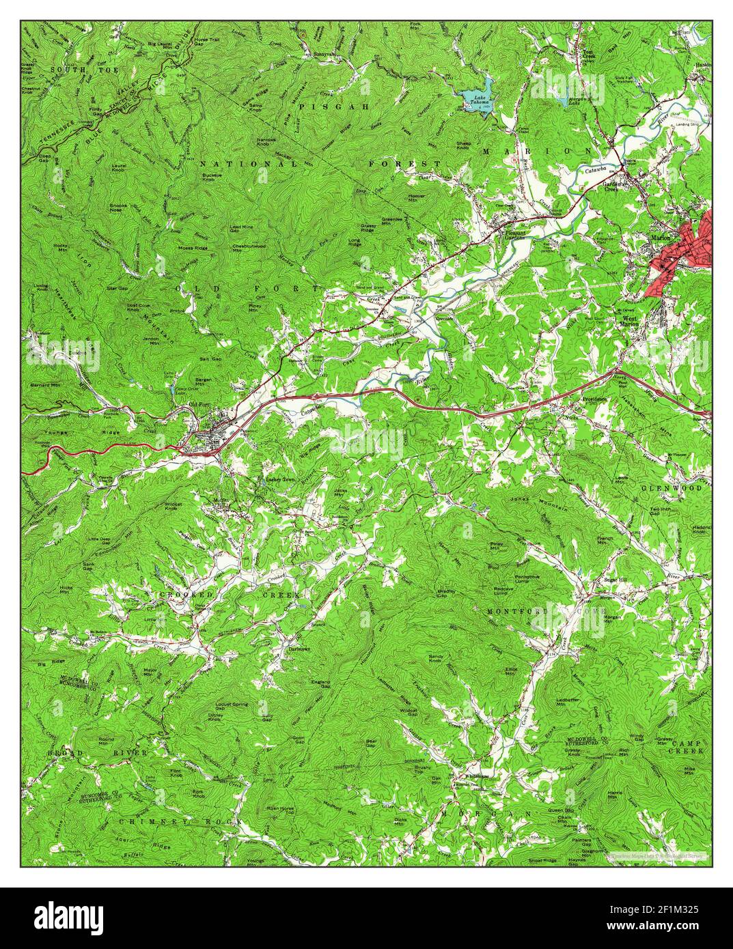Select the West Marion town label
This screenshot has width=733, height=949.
click(x=629, y=321)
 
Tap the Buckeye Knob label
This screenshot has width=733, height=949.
click(x=216, y=177)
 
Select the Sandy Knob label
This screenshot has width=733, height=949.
click(x=436, y=658)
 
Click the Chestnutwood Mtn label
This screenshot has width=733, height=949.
click(x=246, y=248)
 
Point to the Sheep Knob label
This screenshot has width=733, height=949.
click(x=464, y=145)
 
